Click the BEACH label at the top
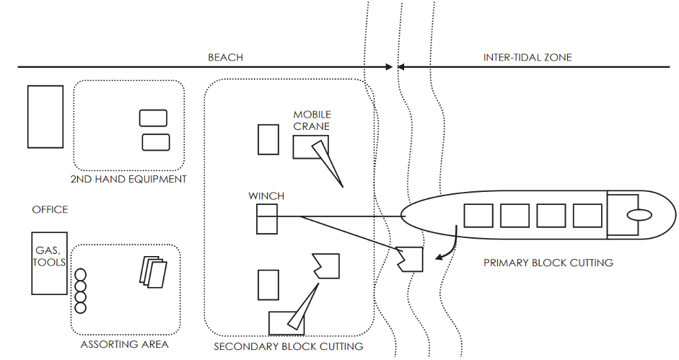coord(225,57)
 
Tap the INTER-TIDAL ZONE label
coord(527,57)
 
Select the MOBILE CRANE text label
coord(312,120)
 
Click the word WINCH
coord(266,196)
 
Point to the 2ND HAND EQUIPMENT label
coord(128,179)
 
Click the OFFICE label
coord(50,209)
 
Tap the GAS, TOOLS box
coord(49,263)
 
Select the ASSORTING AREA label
coord(125,344)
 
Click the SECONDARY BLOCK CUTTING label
coord(289,347)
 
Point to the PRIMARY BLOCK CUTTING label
coord(548,263)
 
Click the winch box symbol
coord(266,219)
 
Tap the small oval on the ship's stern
coord(638,215)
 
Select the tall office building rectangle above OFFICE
coord(45,116)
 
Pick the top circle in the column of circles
coord(81,275)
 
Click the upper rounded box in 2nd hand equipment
coord(153,118)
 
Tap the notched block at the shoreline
coord(409,258)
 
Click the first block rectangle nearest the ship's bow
coord(478,216)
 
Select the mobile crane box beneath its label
coord(306,146)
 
